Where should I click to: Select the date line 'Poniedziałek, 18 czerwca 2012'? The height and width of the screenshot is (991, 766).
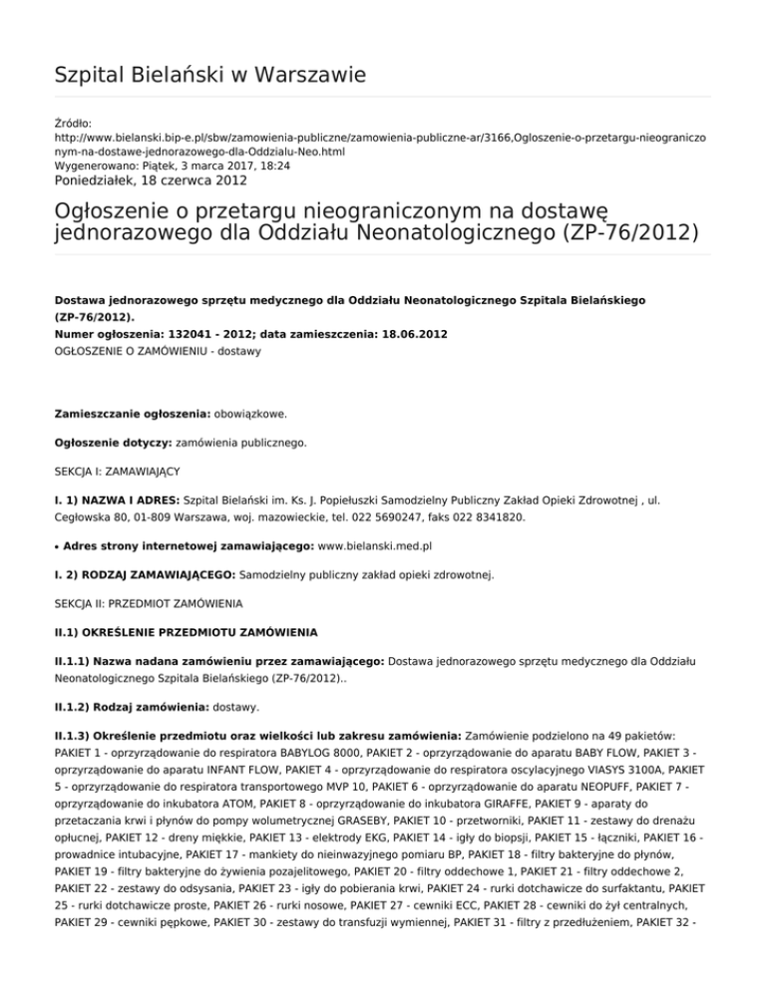(151, 180)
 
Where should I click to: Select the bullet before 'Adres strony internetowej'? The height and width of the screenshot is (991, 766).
(57, 546)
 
